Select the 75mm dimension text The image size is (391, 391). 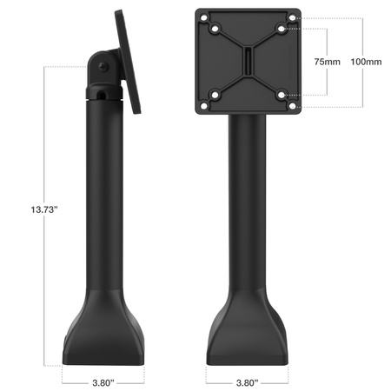coord(327,63)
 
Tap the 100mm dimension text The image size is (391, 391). coord(364,63)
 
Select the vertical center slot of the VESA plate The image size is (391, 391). coord(249,63)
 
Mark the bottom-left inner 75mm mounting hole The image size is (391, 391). coord(217,94)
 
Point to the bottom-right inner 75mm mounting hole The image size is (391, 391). coord(282,94)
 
